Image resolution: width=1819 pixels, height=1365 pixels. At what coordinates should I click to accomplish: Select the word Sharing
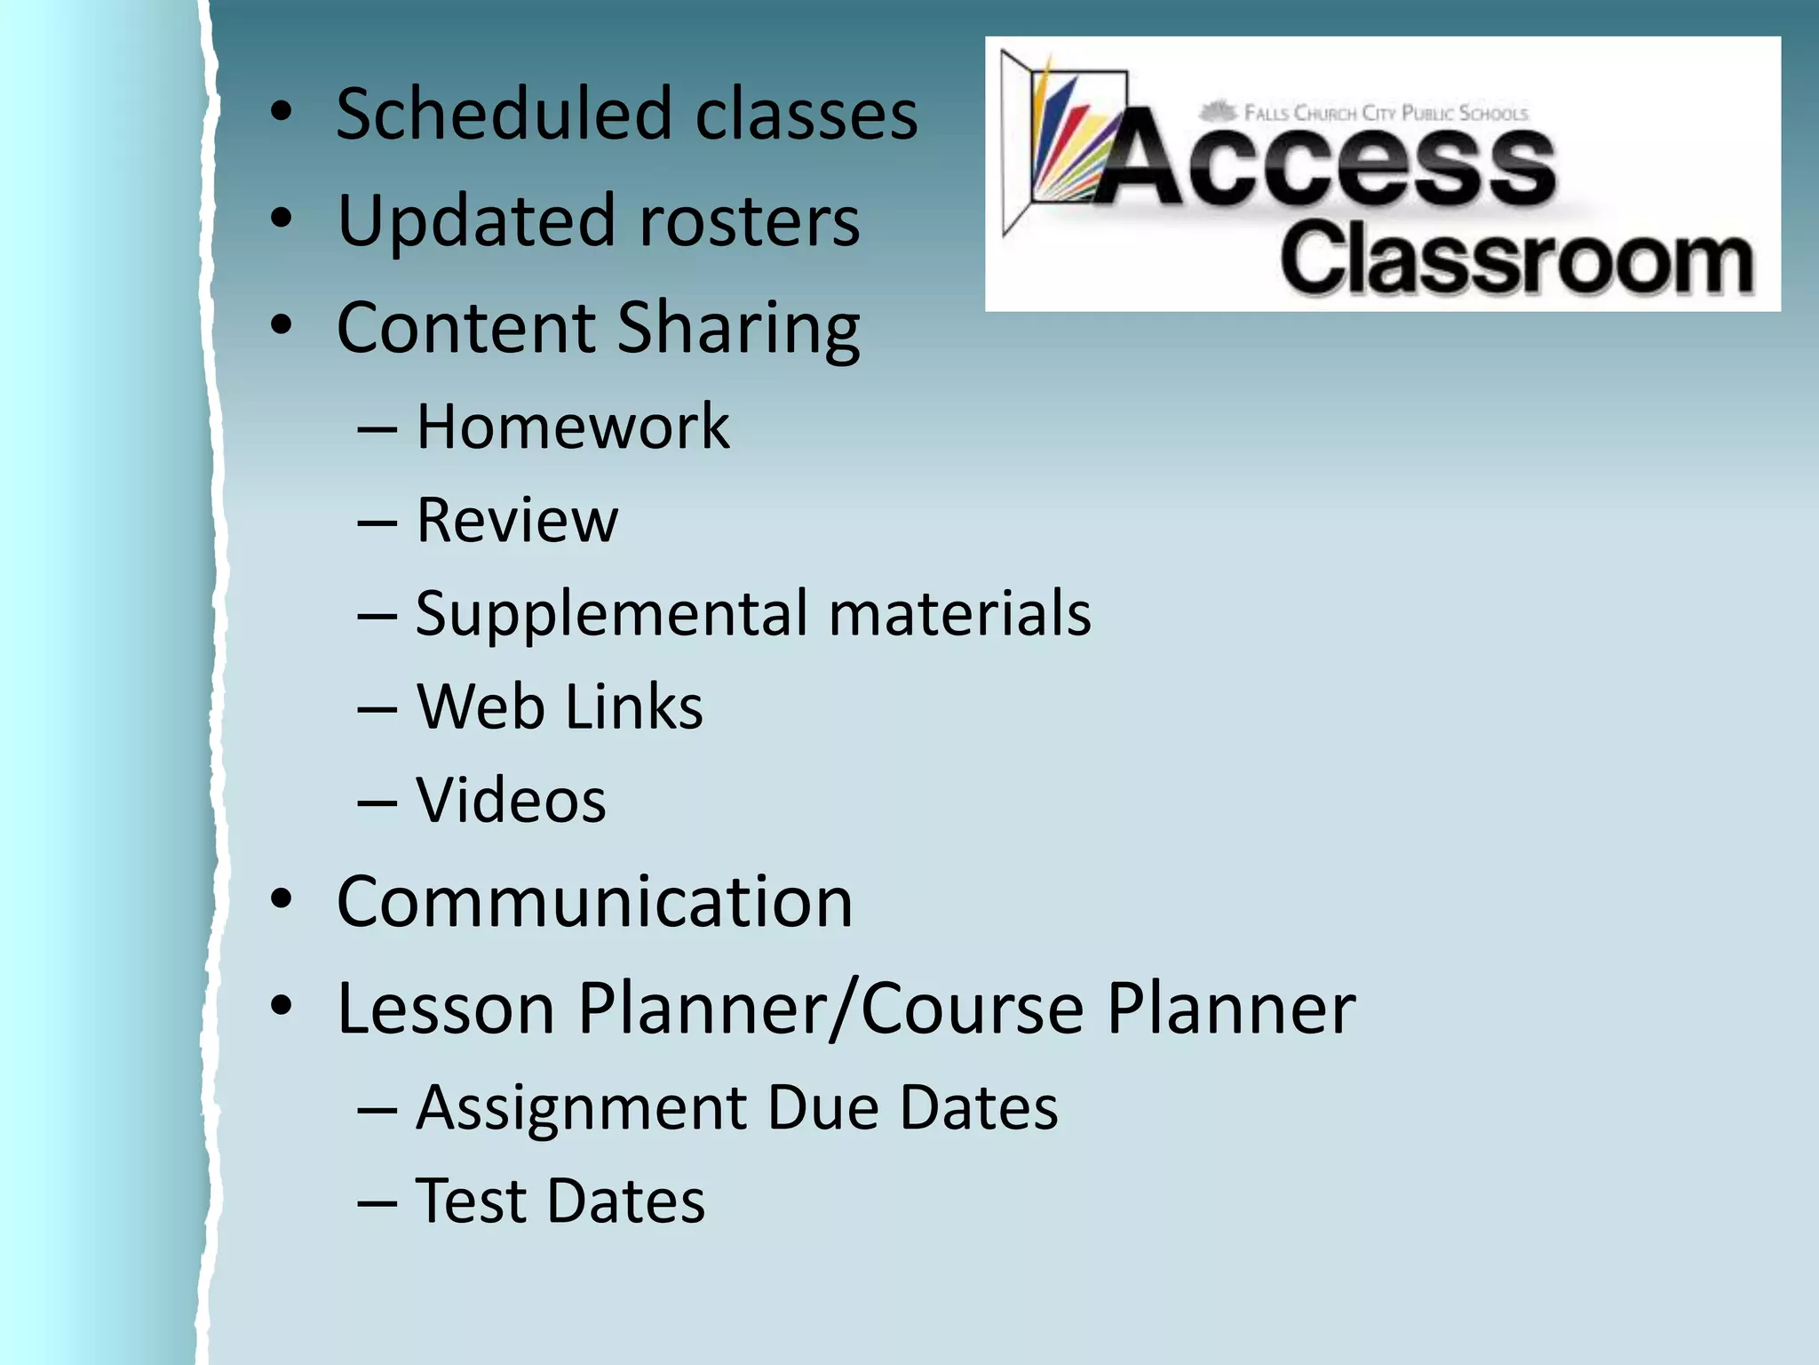pyautogui.click(x=738, y=329)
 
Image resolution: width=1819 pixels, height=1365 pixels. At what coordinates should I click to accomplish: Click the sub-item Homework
pyautogui.click(x=573, y=427)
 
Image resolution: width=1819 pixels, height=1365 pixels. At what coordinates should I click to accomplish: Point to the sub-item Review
pyautogui.click(x=517, y=521)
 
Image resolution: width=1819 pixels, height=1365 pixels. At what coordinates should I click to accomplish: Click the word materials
pyautogui.click(x=959, y=614)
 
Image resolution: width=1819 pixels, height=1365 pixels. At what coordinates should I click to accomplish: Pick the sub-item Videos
pyautogui.click(x=511, y=801)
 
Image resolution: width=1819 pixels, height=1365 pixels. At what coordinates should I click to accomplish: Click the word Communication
pyautogui.click(x=594, y=902)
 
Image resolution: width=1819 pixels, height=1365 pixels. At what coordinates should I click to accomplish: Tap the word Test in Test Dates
pyautogui.click(x=471, y=1201)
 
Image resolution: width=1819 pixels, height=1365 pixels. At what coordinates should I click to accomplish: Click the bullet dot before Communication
pyautogui.click(x=282, y=899)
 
